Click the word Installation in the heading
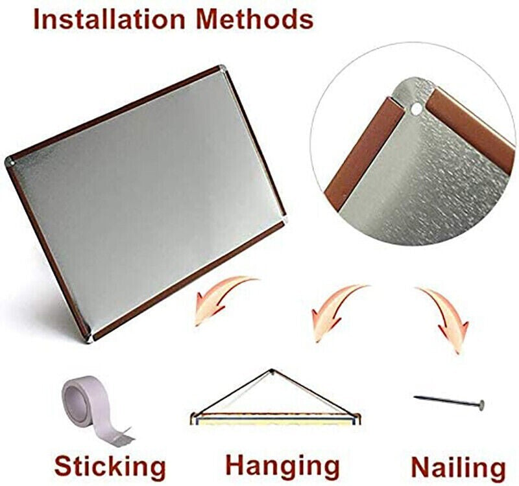click(110, 19)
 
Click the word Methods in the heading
click(254, 19)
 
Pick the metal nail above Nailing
click(449, 401)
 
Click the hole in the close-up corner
click(416, 109)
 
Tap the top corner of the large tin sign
click(223, 69)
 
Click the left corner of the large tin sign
click(9, 161)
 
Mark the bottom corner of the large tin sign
click(89, 339)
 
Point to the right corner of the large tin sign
click(284, 220)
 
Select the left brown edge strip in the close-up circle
click(364, 153)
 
